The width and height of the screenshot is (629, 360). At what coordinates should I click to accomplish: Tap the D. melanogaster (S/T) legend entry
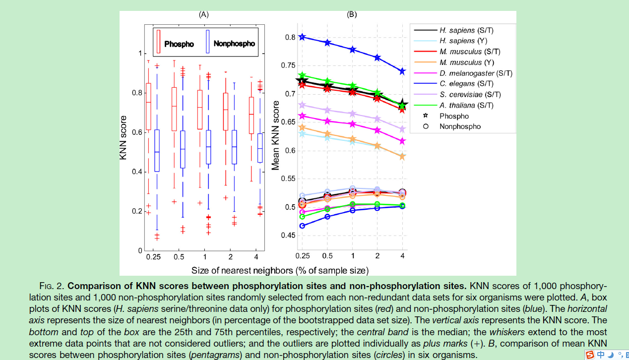click(475, 73)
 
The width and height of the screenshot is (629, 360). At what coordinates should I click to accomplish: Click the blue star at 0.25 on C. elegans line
click(302, 37)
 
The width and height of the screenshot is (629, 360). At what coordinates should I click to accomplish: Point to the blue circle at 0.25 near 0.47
click(302, 226)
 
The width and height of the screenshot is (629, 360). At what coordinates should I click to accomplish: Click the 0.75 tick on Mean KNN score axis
click(287, 65)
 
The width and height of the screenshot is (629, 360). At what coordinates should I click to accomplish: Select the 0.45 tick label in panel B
click(287, 236)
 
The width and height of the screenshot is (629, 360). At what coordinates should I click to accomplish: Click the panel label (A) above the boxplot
click(203, 14)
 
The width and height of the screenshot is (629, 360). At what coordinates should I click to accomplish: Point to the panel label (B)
click(352, 14)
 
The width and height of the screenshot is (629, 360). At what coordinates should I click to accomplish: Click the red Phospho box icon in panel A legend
click(159, 41)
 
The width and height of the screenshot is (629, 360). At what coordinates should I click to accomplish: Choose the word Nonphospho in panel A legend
click(234, 44)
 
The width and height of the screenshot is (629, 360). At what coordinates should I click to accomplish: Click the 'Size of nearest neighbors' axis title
click(280, 270)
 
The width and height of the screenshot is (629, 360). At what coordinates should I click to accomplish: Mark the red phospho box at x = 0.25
click(148, 106)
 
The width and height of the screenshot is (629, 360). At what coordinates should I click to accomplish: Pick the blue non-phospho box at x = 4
click(259, 148)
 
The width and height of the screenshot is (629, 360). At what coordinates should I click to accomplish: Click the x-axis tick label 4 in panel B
click(402, 256)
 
